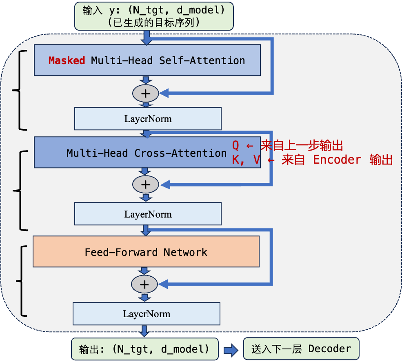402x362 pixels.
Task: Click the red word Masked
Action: (67, 60)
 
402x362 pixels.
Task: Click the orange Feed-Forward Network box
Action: (146, 252)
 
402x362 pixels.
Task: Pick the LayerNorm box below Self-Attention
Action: (147, 119)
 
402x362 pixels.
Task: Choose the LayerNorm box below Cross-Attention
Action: (147, 214)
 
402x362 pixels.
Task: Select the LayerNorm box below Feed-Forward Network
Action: (146, 314)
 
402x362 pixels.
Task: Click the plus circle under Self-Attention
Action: (145, 93)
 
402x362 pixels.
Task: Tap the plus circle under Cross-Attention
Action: (145, 184)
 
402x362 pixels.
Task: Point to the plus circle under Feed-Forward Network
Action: (144, 284)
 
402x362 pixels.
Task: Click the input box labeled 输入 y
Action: (153, 16)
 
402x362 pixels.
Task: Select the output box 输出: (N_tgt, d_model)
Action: (144, 349)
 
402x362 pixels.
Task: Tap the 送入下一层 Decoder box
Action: (301, 349)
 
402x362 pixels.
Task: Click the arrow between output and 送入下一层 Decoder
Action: (231, 349)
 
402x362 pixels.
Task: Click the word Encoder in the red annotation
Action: (337, 160)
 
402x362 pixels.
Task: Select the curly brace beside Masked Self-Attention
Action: (18, 90)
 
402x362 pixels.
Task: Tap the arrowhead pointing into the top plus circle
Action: (164, 93)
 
